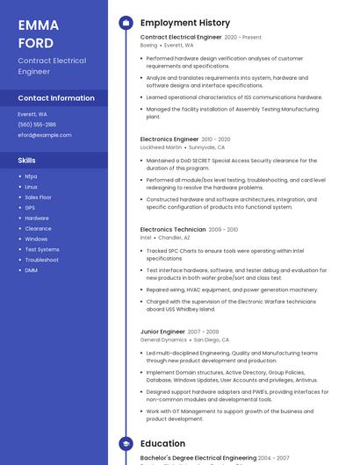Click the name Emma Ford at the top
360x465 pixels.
point(36,33)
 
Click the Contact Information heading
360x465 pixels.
point(56,98)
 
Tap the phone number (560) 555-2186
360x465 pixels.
point(37,125)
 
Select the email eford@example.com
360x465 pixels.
point(45,135)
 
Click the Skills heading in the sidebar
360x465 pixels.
point(27,161)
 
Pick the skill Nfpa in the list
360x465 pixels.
point(31,176)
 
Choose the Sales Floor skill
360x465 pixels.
point(38,197)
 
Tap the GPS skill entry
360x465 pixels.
point(30,208)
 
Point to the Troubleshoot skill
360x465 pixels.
point(42,260)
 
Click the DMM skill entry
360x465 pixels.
point(31,270)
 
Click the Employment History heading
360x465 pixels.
point(185,23)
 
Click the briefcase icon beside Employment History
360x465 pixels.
point(126,23)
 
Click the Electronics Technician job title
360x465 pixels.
point(173,229)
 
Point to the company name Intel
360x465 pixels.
point(146,238)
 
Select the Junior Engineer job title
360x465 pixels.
point(162,332)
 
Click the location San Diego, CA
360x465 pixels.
point(212,340)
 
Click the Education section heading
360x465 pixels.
point(162,444)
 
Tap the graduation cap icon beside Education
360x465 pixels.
point(126,444)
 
